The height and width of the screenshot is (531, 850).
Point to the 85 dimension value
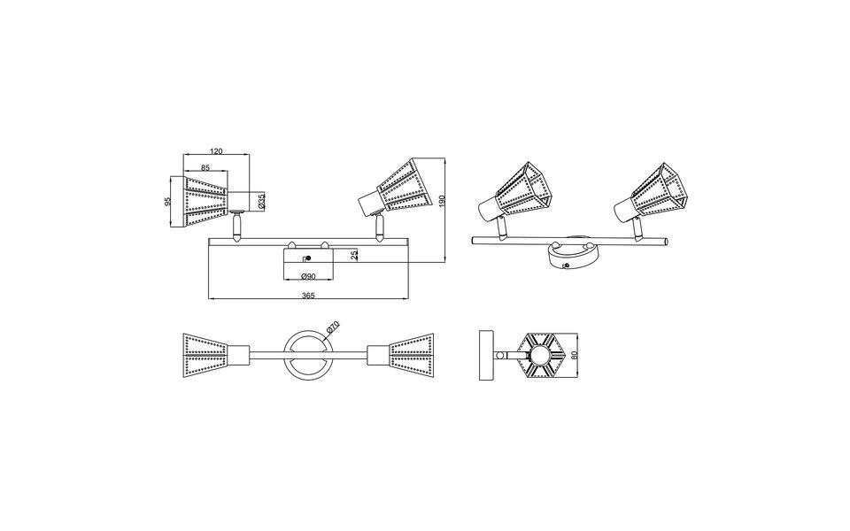[205, 167]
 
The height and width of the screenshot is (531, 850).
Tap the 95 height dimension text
[168, 202]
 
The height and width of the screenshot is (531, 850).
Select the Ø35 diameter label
[261, 203]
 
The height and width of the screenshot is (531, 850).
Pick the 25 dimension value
[355, 255]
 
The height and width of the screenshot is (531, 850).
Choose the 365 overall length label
[309, 296]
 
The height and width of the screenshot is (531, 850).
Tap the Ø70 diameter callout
[332, 327]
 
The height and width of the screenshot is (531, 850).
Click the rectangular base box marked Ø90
[305, 263]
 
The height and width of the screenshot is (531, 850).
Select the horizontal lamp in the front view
[208, 200]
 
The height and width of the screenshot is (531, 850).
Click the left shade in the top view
[212, 356]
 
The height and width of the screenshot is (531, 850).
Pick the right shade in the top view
[402, 356]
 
